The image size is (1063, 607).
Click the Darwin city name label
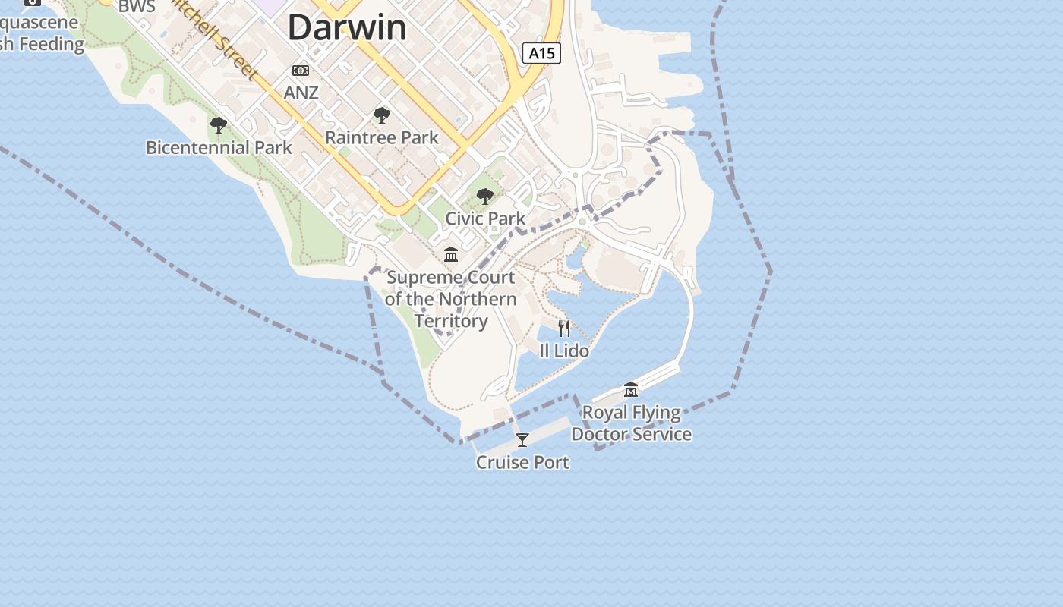pyautogui.click(x=347, y=27)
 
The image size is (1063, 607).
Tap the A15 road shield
pyautogui.click(x=541, y=53)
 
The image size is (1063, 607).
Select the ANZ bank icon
pyautogui.click(x=301, y=71)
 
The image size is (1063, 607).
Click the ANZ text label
pyautogui.click(x=301, y=93)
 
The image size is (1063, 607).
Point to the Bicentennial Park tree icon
pyautogui.click(x=219, y=125)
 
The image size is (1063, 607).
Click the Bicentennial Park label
pyautogui.click(x=219, y=147)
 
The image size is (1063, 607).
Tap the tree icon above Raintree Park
pyautogui.click(x=382, y=115)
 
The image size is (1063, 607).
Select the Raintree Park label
pyautogui.click(x=382, y=137)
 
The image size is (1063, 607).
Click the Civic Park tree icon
pyautogui.click(x=484, y=197)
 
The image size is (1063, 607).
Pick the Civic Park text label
pyautogui.click(x=485, y=219)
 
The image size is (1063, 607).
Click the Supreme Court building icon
pyautogui.click(x=451, y=254)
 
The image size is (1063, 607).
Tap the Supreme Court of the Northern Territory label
pyautogui.click(x=451, y=299)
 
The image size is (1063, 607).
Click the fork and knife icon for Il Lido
pyautogui.click(x=564, y=328)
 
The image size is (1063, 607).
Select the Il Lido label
pyautogui.click(x=564, y=351)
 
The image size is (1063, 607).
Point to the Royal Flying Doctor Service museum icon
pyautogui.click(x=631, y=390)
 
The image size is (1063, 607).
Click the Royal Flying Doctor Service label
pyautogui.click(x=631, y=423)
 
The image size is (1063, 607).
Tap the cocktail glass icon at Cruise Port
pyautogui.click(x=522, y=440)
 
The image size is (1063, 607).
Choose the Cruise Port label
pyautogui.click(x=522, y=462)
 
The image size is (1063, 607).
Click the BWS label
pyautogui.click(x=137, y=7)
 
